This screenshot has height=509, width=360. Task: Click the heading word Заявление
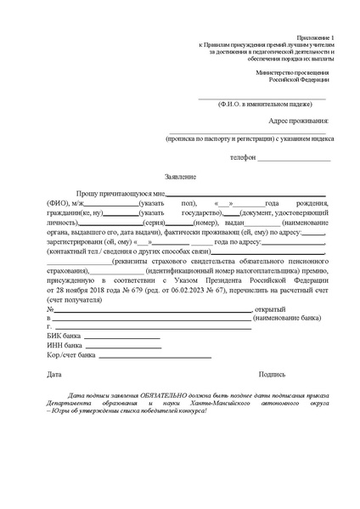[180, 177]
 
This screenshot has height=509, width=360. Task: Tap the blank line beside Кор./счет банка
[136, 359]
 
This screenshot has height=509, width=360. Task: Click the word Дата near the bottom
[53, 374]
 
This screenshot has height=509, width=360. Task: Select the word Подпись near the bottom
[273, 374]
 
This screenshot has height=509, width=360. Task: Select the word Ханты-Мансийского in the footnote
[216, 406]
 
